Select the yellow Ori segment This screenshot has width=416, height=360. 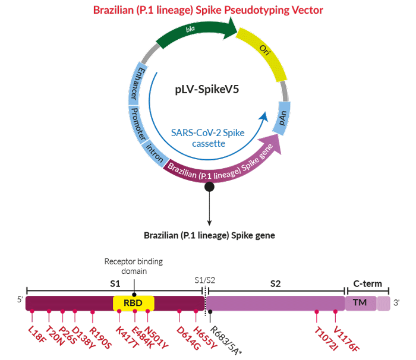coord(263,52)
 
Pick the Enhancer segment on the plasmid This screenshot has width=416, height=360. coord(137,84)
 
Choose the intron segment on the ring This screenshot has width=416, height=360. coord(155,153)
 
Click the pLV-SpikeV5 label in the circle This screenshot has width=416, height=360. coord(207,89)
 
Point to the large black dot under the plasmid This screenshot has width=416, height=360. coord(209,187)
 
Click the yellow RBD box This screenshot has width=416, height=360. coord(134,303)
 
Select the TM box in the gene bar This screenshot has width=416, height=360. coord(361,303)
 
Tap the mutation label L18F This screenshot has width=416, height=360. coord(37,334)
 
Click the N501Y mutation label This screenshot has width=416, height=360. coord(156,337)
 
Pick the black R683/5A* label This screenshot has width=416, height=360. coord(225,340)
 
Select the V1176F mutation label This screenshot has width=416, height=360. coord(346,339)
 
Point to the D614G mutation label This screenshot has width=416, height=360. coord(188,337)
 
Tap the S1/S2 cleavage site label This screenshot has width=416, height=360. coord(205,280)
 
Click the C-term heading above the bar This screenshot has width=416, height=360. coord(367,283)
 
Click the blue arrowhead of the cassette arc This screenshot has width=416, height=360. coord(263,116)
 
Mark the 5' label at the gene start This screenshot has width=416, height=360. coord(20,299)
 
